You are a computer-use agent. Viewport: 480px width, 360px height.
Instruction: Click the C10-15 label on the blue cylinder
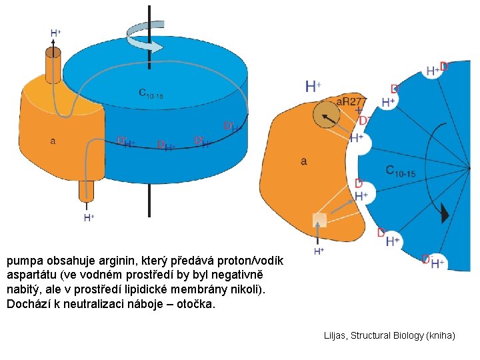tap(151, 93)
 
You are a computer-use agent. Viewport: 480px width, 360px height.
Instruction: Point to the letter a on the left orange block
tap(53, 141)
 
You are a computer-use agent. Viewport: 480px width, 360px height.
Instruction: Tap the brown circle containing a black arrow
tap(326, 117)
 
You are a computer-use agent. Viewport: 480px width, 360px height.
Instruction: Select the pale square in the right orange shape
tap(319, 221)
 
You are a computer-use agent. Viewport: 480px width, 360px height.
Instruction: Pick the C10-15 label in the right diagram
tap(401, 171)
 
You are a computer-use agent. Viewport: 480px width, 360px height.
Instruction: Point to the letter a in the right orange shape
tap(303, 161)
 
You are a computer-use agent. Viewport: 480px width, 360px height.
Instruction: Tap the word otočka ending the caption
tap(197, 304)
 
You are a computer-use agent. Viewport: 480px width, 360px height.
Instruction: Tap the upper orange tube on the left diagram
tap(53, 64)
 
